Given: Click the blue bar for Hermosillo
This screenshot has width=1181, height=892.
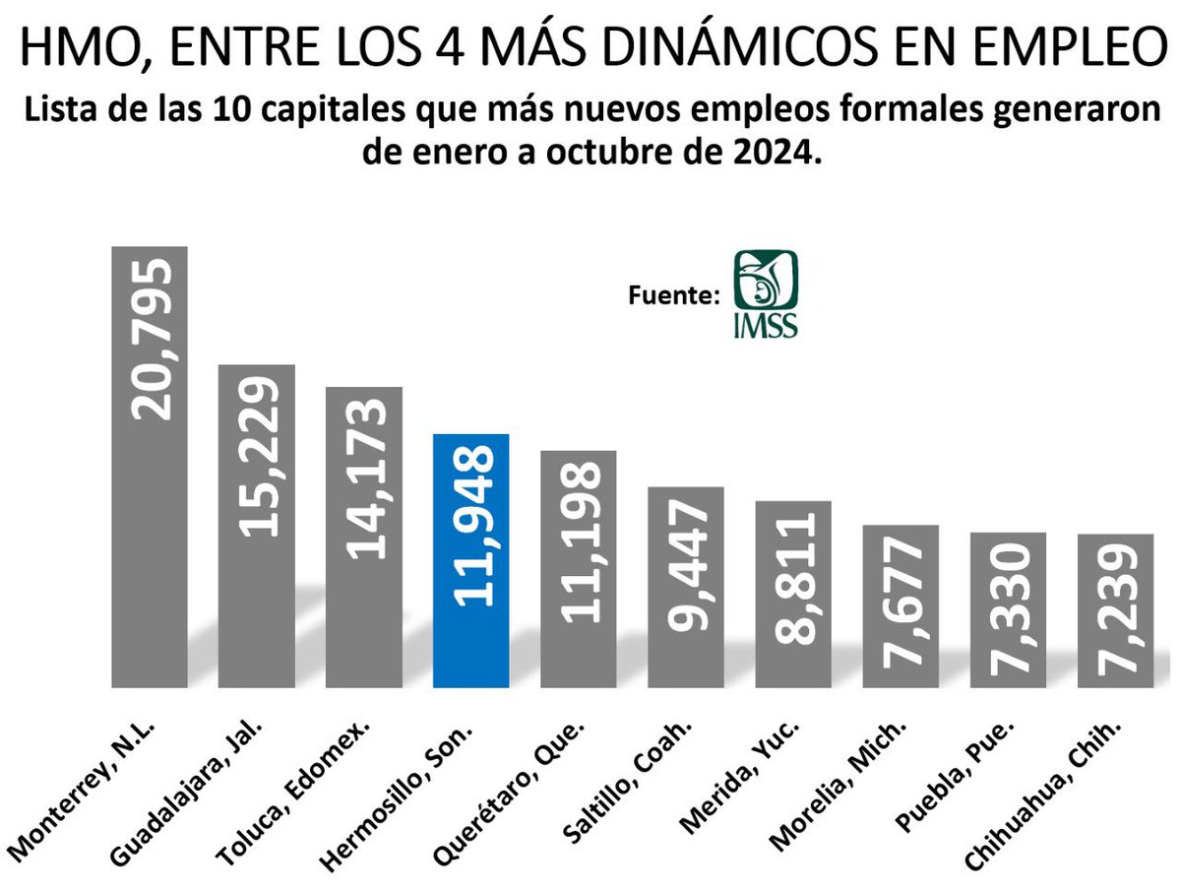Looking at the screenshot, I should pyautogui.click(x=470, y=561).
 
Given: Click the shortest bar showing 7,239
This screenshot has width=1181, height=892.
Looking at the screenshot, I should pyautogui.click(x=1115, y=610).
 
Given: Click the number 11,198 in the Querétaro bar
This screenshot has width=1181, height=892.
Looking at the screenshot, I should pyautogui.click(x=579, y=542).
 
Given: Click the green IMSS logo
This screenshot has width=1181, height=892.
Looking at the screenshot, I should pyautogui.click(x=767, y=292).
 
